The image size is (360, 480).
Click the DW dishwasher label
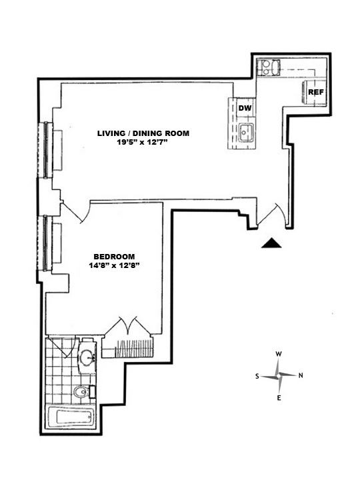(245, 108)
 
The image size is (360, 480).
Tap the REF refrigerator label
(315, 92)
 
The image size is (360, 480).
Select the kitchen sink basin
(246, 133)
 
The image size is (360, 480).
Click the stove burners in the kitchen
(265, 67)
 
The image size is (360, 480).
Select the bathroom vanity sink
(88, 356)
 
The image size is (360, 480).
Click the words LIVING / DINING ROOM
(143, 133)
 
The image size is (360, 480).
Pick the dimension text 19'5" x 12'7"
(143, 143)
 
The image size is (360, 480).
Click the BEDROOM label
(114, 257)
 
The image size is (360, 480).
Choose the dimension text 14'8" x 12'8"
(114, 265)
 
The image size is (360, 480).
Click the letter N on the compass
(301, 375)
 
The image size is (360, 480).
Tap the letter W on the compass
(279, 354)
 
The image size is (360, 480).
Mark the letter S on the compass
(257, 376)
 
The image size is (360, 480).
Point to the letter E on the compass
(279, 398)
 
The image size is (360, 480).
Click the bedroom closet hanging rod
(133, 349)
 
